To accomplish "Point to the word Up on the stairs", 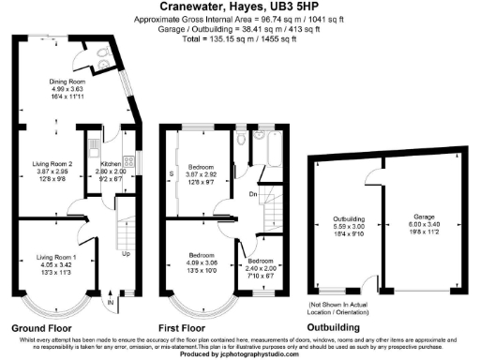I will click(x=127, y=253).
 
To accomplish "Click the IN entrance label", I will click(x=110, y=303).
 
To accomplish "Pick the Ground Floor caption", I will click(x=40, y=329).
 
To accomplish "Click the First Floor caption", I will click(x=192, y=329).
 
